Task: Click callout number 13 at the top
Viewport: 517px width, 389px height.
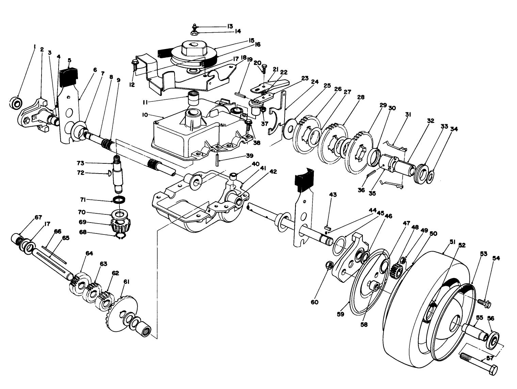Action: [230, 26]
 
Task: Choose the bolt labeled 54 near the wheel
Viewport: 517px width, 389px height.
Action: [483, 302]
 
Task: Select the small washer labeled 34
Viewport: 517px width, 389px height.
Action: [430, 176]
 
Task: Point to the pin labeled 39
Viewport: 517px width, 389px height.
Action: [217, 159]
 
